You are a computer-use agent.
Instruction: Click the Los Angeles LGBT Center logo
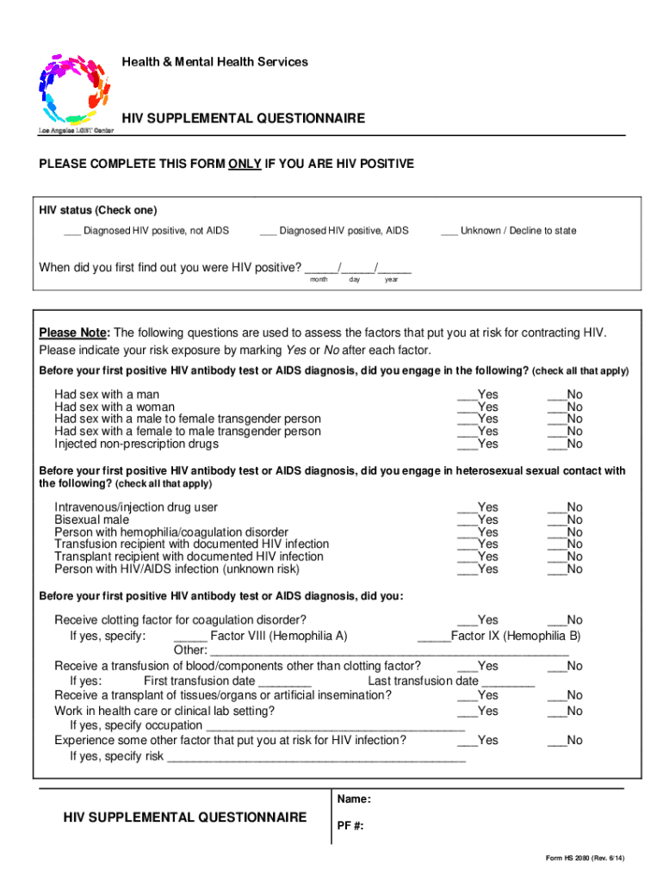coord(75,90)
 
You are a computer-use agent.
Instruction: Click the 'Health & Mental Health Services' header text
coord(214,62)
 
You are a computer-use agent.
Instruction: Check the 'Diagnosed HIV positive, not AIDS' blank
coord(72,232)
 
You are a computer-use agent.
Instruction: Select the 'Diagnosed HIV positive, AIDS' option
coord(268,232)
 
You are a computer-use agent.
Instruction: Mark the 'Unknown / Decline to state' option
coord(449,232)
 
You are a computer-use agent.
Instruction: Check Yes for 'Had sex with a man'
coord(467,395)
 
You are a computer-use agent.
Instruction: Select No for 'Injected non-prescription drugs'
coord(556,445)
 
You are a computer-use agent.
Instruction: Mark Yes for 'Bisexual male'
coord(467,521)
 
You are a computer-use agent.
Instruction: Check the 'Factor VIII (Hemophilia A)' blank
coord(190,637)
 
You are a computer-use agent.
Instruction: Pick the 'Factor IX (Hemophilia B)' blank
coord(434,637)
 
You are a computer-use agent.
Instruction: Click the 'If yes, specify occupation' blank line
coord(336,727)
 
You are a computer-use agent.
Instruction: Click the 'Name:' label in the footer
coord(354,799)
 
